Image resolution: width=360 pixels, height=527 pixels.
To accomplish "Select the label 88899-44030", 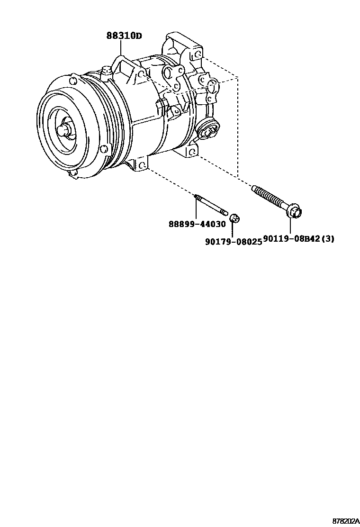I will [197, 224].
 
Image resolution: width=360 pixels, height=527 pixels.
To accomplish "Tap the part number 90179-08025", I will [234, 241].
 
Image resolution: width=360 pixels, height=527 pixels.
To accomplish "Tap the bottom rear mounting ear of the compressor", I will [191, 151].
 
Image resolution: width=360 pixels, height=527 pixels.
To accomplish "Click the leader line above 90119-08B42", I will [290, 226].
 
